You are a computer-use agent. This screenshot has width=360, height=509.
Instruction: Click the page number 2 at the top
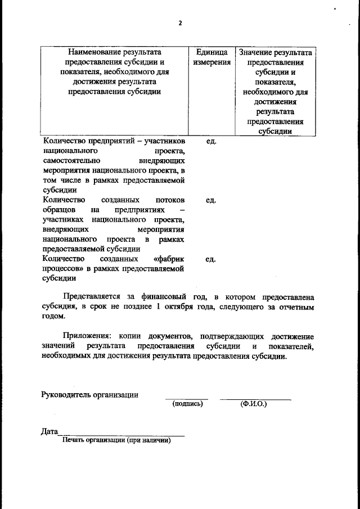point(180,23)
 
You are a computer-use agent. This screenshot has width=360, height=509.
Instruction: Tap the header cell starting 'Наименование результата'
point(115,72)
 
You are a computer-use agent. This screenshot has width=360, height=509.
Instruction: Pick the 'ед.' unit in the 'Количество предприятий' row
point(211,141)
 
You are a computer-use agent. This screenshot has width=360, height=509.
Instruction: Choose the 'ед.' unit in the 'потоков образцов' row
point(211,200)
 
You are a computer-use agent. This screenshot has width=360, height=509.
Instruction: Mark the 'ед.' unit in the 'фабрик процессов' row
point(211,259)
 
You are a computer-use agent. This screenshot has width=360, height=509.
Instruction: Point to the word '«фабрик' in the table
point(168,259)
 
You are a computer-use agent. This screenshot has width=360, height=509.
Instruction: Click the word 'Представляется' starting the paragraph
point(90,296)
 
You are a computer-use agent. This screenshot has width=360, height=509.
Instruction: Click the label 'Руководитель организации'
point(90,394)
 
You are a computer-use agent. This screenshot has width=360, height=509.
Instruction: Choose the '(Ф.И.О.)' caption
point(253,403)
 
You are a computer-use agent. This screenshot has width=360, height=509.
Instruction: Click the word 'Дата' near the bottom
point(49,431)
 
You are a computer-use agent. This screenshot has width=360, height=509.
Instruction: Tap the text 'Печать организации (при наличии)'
point(116,440)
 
